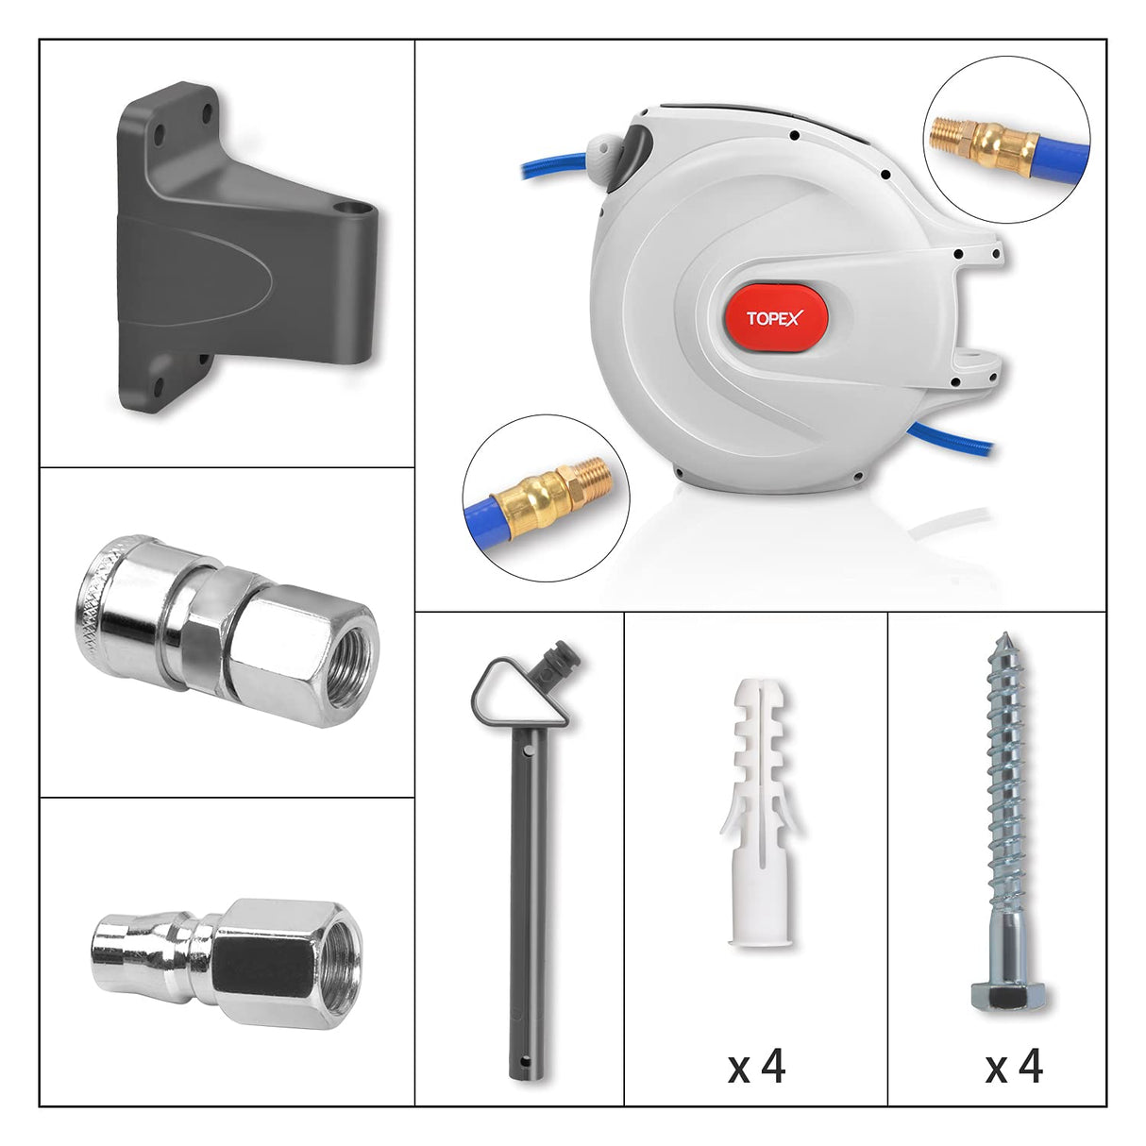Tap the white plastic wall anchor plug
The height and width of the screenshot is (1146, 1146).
758,812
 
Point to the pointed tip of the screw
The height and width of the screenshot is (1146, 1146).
1007,638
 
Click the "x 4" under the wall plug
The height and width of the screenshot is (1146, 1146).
756,1067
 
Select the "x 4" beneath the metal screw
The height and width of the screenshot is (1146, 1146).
1014,1067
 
